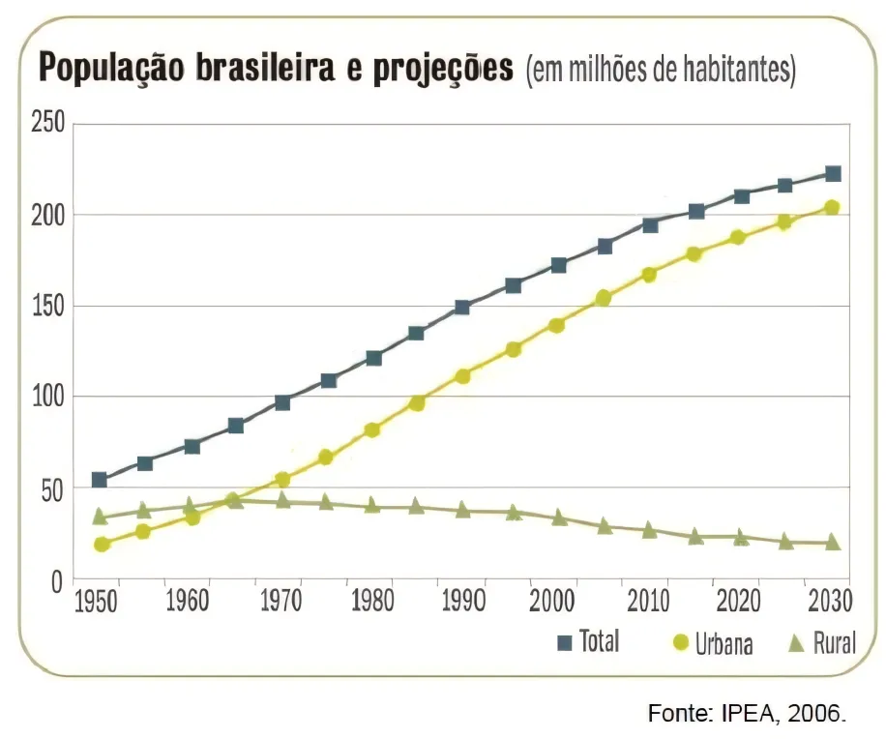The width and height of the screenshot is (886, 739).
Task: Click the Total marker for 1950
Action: click(100, 480)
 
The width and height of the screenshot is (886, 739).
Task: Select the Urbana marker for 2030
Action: click(831, 207)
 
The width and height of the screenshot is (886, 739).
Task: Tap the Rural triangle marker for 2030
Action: click(832, 543)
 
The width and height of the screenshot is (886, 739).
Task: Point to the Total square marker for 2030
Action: click(832, 174)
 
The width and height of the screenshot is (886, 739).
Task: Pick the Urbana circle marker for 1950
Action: click(102, 545)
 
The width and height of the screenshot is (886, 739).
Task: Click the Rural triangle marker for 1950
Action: click(100, 517)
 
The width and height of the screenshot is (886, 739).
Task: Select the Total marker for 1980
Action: click(373, 358)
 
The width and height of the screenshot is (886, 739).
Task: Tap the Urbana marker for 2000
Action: click(556, 325)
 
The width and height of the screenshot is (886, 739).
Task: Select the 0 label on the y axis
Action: click(56, 581)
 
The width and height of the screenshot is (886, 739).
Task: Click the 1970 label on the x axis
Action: click(281, 602)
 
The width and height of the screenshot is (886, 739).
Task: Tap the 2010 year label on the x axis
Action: click(647, 602)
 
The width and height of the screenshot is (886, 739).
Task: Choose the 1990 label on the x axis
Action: click(463, 602)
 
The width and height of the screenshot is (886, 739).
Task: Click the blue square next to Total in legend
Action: click(566, 641)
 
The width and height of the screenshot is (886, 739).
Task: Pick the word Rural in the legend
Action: click(834, 643)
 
